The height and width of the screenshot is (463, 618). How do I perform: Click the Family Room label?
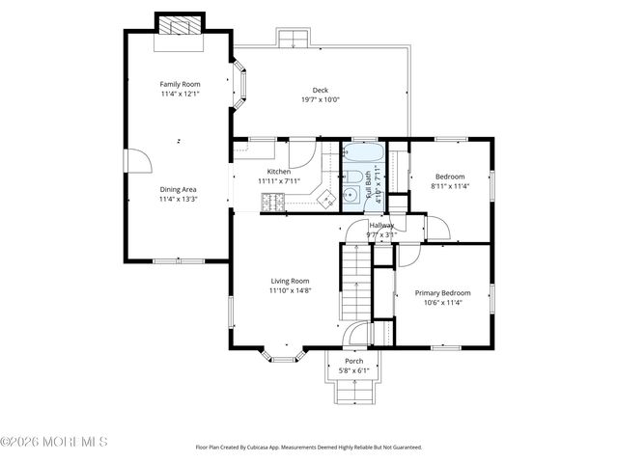(179, 84)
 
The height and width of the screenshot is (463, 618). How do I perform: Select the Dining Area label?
(179, 189)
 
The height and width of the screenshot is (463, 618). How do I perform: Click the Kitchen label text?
(279, 171)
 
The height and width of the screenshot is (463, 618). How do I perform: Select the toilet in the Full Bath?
(354, 177)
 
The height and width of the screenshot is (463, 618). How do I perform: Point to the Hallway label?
(381, 225)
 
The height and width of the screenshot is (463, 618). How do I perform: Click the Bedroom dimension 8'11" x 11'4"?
(450, 186)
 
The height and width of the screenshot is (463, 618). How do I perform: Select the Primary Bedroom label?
(443, 292)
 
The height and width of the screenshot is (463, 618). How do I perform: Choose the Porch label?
(354, 361)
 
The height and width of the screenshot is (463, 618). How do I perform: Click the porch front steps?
(354, 391)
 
